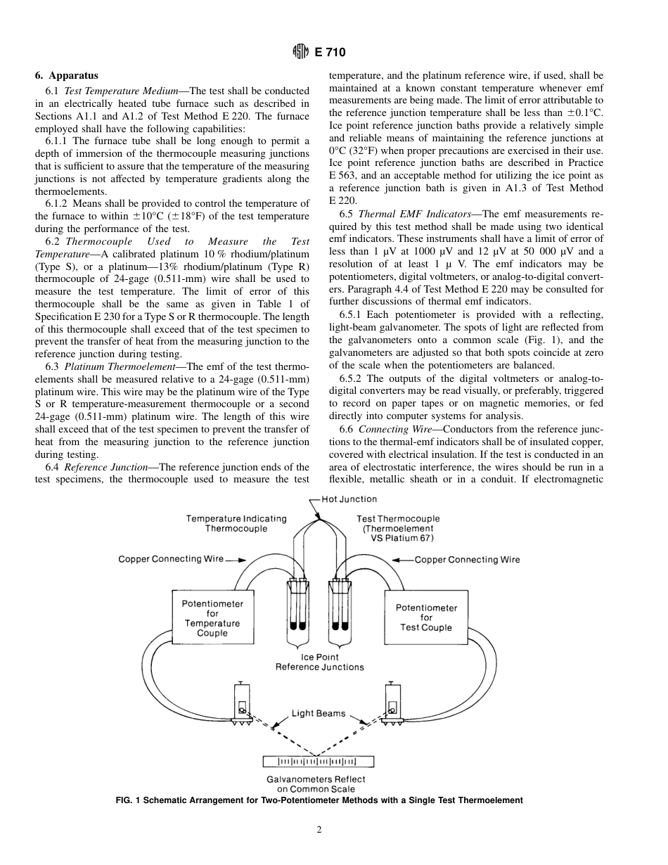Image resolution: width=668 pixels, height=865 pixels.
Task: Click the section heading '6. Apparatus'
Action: (x=67, y=76)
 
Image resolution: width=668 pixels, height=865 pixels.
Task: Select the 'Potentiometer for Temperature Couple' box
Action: (x=212, y=617)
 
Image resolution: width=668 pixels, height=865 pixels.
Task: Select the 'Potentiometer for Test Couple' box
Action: (x=426, y=617)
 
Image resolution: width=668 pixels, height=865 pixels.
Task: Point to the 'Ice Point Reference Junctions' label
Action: (x=319, y=662)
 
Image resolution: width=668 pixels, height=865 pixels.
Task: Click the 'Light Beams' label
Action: (x=319, y=713)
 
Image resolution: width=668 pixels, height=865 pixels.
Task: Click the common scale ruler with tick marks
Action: (x=319, y=761)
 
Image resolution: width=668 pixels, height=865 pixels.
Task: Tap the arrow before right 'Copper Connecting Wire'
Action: (x=402, y=560)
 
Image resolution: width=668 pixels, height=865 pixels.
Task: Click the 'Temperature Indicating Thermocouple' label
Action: (x=236, y=523)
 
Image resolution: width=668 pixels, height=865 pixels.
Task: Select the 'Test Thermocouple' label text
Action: (x=398, y=519)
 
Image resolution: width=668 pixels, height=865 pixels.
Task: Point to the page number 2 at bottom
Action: (x=319, y=830)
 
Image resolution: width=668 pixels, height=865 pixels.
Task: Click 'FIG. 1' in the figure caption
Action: (x=129, y=800)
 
